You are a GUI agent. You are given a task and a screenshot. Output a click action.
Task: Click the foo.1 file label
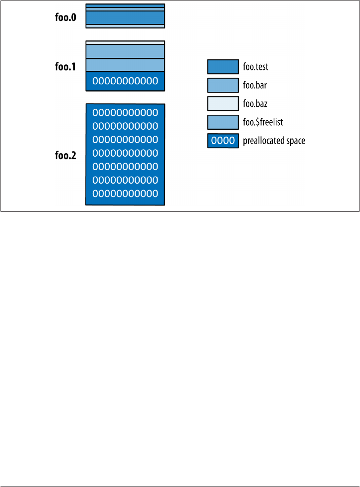point(66,66)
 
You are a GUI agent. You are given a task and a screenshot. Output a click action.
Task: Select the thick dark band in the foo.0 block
point(125,17)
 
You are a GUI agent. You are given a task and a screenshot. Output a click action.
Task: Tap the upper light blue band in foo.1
point(125,51)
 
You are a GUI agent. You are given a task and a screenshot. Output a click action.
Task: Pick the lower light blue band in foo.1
point(125,65)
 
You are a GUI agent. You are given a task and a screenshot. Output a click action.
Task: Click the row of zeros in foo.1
point(125,81)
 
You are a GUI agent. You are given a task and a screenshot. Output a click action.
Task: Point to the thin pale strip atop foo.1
point(125,42)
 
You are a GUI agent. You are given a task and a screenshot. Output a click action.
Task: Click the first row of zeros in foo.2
point(125,112)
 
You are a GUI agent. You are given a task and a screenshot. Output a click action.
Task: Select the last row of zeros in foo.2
point(125,193)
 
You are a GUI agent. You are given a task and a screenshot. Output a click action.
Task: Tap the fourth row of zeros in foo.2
point(125,152)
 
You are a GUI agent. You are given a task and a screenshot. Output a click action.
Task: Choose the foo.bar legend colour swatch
point(222,85)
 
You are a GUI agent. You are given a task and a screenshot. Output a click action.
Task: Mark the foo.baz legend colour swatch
point(222,103)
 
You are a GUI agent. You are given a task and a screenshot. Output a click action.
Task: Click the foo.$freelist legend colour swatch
point(222,122)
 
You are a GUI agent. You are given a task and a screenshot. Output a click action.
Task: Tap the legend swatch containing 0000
point(222,141)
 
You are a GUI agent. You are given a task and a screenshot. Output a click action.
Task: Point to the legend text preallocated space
point(274,141)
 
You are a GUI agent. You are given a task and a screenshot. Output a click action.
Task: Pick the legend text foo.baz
point(255,104)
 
